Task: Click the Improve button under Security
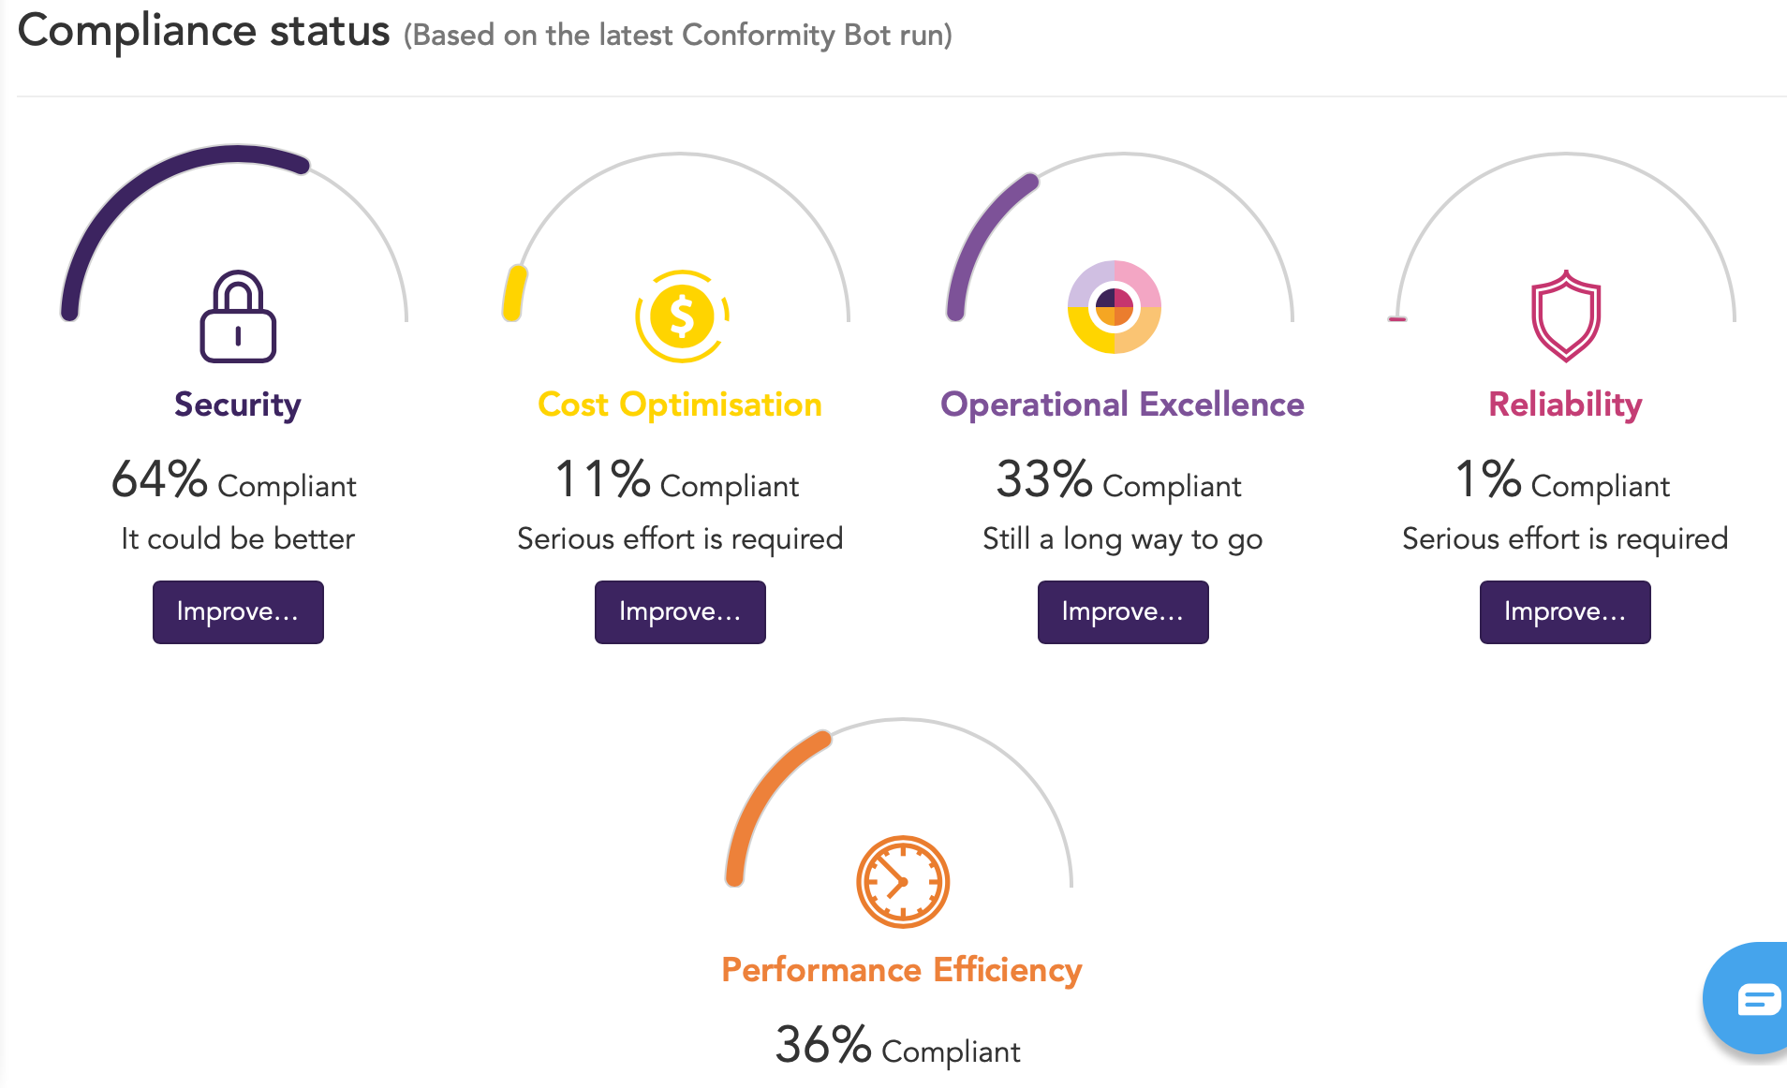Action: coord(238,612)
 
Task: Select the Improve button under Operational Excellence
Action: coord(1122,612)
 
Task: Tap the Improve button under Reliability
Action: coord(1564,612)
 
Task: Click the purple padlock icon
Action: coord(238,317)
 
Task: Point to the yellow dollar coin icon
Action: coord(682,316)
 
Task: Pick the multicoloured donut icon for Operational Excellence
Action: coord(1115,307)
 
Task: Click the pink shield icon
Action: coord(1565,316)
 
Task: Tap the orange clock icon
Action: coord(903,882)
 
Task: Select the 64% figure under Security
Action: coord(159,479)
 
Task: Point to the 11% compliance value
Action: coord(602,479)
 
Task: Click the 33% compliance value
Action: coord(1043,479)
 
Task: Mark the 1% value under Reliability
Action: coord(1487,479)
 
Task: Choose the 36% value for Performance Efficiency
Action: coord(823,1045)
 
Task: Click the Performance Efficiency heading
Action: coord(901,970)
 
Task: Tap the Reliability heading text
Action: coord(1565,404)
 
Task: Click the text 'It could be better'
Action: coord(238,539)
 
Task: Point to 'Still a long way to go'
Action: coord(1122,539)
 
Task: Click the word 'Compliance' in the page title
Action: coord(137,31)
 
